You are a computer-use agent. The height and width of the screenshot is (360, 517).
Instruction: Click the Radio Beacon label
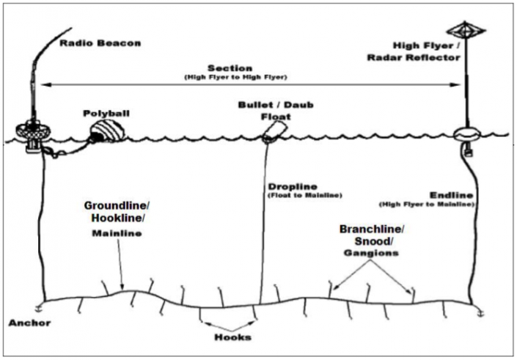point(100,43)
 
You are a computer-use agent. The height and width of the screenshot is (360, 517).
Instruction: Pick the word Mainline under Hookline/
point(114,234)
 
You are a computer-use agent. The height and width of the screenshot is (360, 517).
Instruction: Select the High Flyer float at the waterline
point(467,135)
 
